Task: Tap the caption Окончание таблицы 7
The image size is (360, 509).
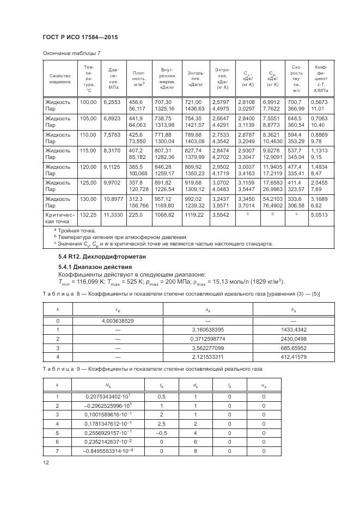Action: [x=71, y=53]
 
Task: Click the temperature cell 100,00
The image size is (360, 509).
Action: [x=88, y=102]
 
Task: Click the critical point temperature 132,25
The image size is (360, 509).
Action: [x=88, y=216]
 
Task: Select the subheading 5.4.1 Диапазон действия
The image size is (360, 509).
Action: [x=95, y=267]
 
